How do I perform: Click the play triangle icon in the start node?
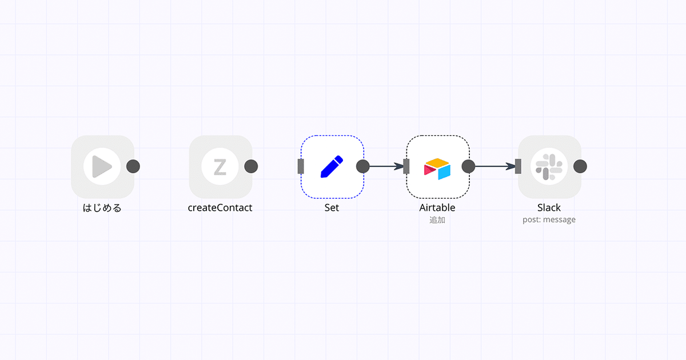102,166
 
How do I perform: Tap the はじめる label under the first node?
102,208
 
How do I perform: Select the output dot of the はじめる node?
133,166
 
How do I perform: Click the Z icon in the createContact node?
220,167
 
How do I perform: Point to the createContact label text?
220,207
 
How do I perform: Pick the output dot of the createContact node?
251,166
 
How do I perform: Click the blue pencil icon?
332,166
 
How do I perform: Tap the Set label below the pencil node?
332,207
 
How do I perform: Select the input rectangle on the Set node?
301,166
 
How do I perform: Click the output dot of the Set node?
363,166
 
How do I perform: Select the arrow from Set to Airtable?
386,166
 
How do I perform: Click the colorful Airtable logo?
437,169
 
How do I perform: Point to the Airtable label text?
437,207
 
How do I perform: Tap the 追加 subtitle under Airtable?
437,220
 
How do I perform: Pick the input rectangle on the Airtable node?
406,166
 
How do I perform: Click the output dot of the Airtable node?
469,166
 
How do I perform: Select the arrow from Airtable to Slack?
495,166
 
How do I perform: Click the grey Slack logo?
549,167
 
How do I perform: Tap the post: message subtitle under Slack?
549,220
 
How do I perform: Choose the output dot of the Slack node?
580,166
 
